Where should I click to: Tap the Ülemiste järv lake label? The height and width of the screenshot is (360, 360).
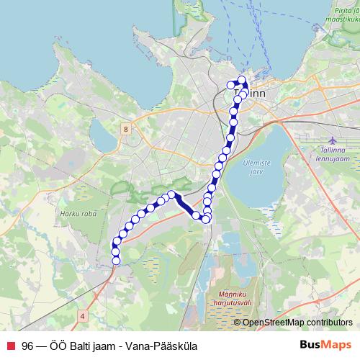pyautogui.click(x=258, y=167)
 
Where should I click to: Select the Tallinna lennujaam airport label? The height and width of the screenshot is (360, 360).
pyautogui.click(x=330, y=155)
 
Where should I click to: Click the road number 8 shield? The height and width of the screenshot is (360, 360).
pyautogui.click(x=126, y=129)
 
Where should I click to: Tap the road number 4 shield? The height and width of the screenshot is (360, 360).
pyautogui.click(x=83, y=315)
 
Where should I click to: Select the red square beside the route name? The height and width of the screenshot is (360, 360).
pyautogui.click(x=11, y=345)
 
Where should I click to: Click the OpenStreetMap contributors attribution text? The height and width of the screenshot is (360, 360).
pyautogui.click(x=297, y=323)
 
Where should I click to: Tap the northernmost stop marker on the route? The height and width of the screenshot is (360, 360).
pyautogui.click(x=242, y=80)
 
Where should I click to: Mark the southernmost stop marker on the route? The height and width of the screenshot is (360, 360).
pyautogui.click(x=116, y=261)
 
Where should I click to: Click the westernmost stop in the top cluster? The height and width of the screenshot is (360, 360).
pyautogui.click(x=231, y=85)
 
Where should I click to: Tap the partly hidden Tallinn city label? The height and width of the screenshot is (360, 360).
pyautogui.click(x=256, y=94)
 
